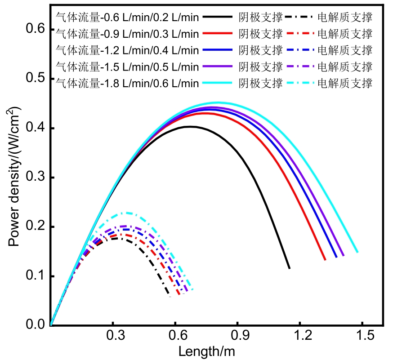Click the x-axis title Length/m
pos(206,350)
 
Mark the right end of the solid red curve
pos(325,259)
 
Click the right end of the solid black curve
pos(289,268)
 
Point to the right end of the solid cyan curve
pos(357,252)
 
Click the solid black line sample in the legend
pos(218,17)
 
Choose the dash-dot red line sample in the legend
pos(299,34)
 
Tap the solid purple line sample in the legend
pos(218,67)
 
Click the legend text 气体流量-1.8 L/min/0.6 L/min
pos(127,83)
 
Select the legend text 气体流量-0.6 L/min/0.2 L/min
pos(127,17)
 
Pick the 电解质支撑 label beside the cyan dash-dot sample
pos(345,83)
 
